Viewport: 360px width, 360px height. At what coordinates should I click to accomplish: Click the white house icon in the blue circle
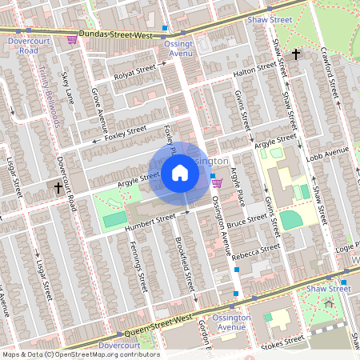180,173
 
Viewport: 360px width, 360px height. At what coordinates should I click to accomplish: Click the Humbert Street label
150,221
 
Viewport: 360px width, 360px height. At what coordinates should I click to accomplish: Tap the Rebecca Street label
255,251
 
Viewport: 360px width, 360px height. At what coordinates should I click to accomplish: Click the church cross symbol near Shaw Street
296,54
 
